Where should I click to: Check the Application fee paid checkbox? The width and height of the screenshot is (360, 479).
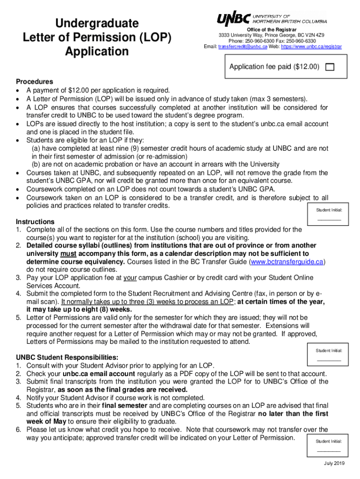(330, 67)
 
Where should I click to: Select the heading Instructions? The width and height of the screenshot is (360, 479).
(35, 221)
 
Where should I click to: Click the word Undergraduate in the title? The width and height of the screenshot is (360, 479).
(97, 23)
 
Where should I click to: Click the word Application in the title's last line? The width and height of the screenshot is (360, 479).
(97, 51)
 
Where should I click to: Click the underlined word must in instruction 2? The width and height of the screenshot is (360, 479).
(68, 254)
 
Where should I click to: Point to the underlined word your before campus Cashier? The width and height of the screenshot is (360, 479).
(130, 278)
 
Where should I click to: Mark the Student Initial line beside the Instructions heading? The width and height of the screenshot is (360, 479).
(329, 219)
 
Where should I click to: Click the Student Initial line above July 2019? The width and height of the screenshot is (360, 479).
(329, 450)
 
